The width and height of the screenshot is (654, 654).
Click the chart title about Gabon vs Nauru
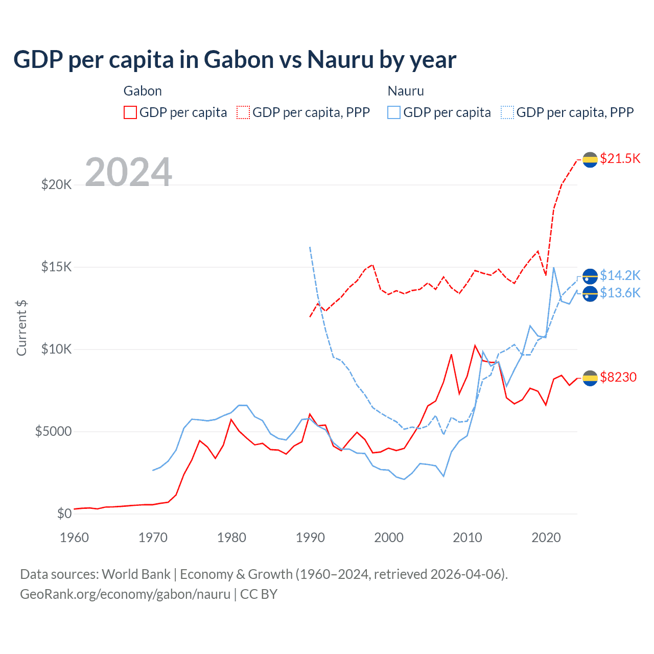pyautogui.click(x=235, y=60)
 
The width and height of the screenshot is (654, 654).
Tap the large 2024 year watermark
pyautogui.click(x=128, y=172)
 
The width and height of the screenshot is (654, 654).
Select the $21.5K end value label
pyautogui.click(x=620, y=158)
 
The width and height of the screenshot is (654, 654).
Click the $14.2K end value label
pyautogui.click(x=620, y=275)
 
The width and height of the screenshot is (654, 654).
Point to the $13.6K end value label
pyautogui.click(x=620, y=293)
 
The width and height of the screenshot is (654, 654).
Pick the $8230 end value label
pyautogui.click(x=618, y=377)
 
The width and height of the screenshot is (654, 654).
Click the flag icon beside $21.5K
pyautogui.click(x=590, y=159)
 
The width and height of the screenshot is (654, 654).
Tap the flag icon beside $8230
pyautogui.click(x=590, y=378)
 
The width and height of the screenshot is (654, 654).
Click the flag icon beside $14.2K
pyautogui.click(x=590, y=276)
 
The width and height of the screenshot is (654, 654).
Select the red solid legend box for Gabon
pyautogui.click(x=130, y=112)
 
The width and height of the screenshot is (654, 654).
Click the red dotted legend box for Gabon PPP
pyautogui.click(x=243, y=112)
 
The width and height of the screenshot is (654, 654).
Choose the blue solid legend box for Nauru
pyautogui.click(x=393, y=112)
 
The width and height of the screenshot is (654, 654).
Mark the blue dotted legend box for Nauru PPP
pyautogui.click(x=507, y=112)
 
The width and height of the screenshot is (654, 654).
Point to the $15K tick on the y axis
pyautogui.click(x=57, y=267)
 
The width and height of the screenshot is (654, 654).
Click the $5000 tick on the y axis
pyautogui.click(x=54, y=431)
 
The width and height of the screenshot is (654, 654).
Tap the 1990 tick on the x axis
pyautogui.click(x=310, y=538)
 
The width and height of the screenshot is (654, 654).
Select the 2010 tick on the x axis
pyautogui.click(x=468, y=538)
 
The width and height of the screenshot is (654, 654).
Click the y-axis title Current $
pyautogui.click(x=21, y=328)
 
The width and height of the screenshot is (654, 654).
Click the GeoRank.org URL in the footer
pyautogui.click(x=125, y=594)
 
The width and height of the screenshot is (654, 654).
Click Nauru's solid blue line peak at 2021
pyautogui.click(x=554, y=268)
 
